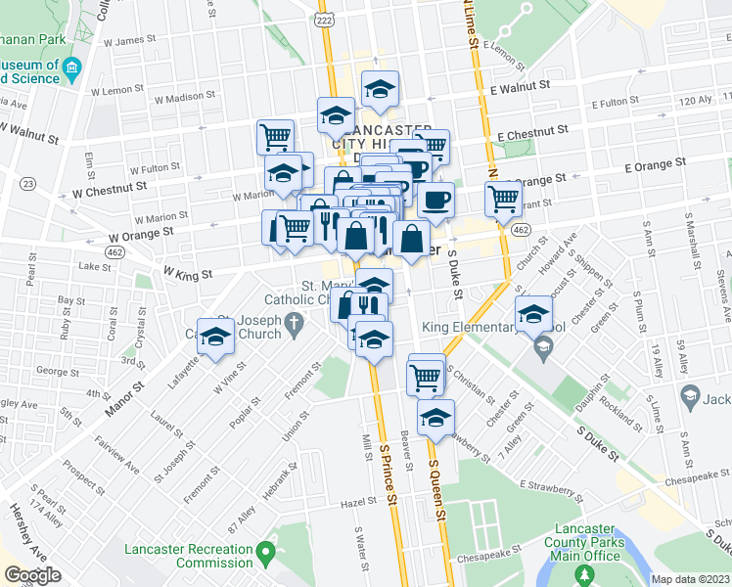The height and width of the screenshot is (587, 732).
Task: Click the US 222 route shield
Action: pyautogui.click(x=325, y=20)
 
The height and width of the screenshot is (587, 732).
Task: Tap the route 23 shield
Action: pyautogui.click(x=28, y=184)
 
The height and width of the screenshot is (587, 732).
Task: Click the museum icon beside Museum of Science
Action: pyautogui.click(x=71, y=69)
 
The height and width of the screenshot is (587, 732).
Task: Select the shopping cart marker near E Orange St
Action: pyautogui.click(x=503, y=199)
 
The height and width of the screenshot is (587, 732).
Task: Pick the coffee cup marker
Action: pyautogui.click(x=435, y=200)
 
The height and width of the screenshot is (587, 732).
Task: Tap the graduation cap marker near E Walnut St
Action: pyautogui.click(x=379, y=89)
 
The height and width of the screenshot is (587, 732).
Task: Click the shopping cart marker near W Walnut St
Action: pyautogui.click(x=275, y=135)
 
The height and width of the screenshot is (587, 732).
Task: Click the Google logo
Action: pyautogui.click(x=32, y=575)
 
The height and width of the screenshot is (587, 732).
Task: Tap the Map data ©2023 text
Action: pyautogui.click(x=690, y=579)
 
